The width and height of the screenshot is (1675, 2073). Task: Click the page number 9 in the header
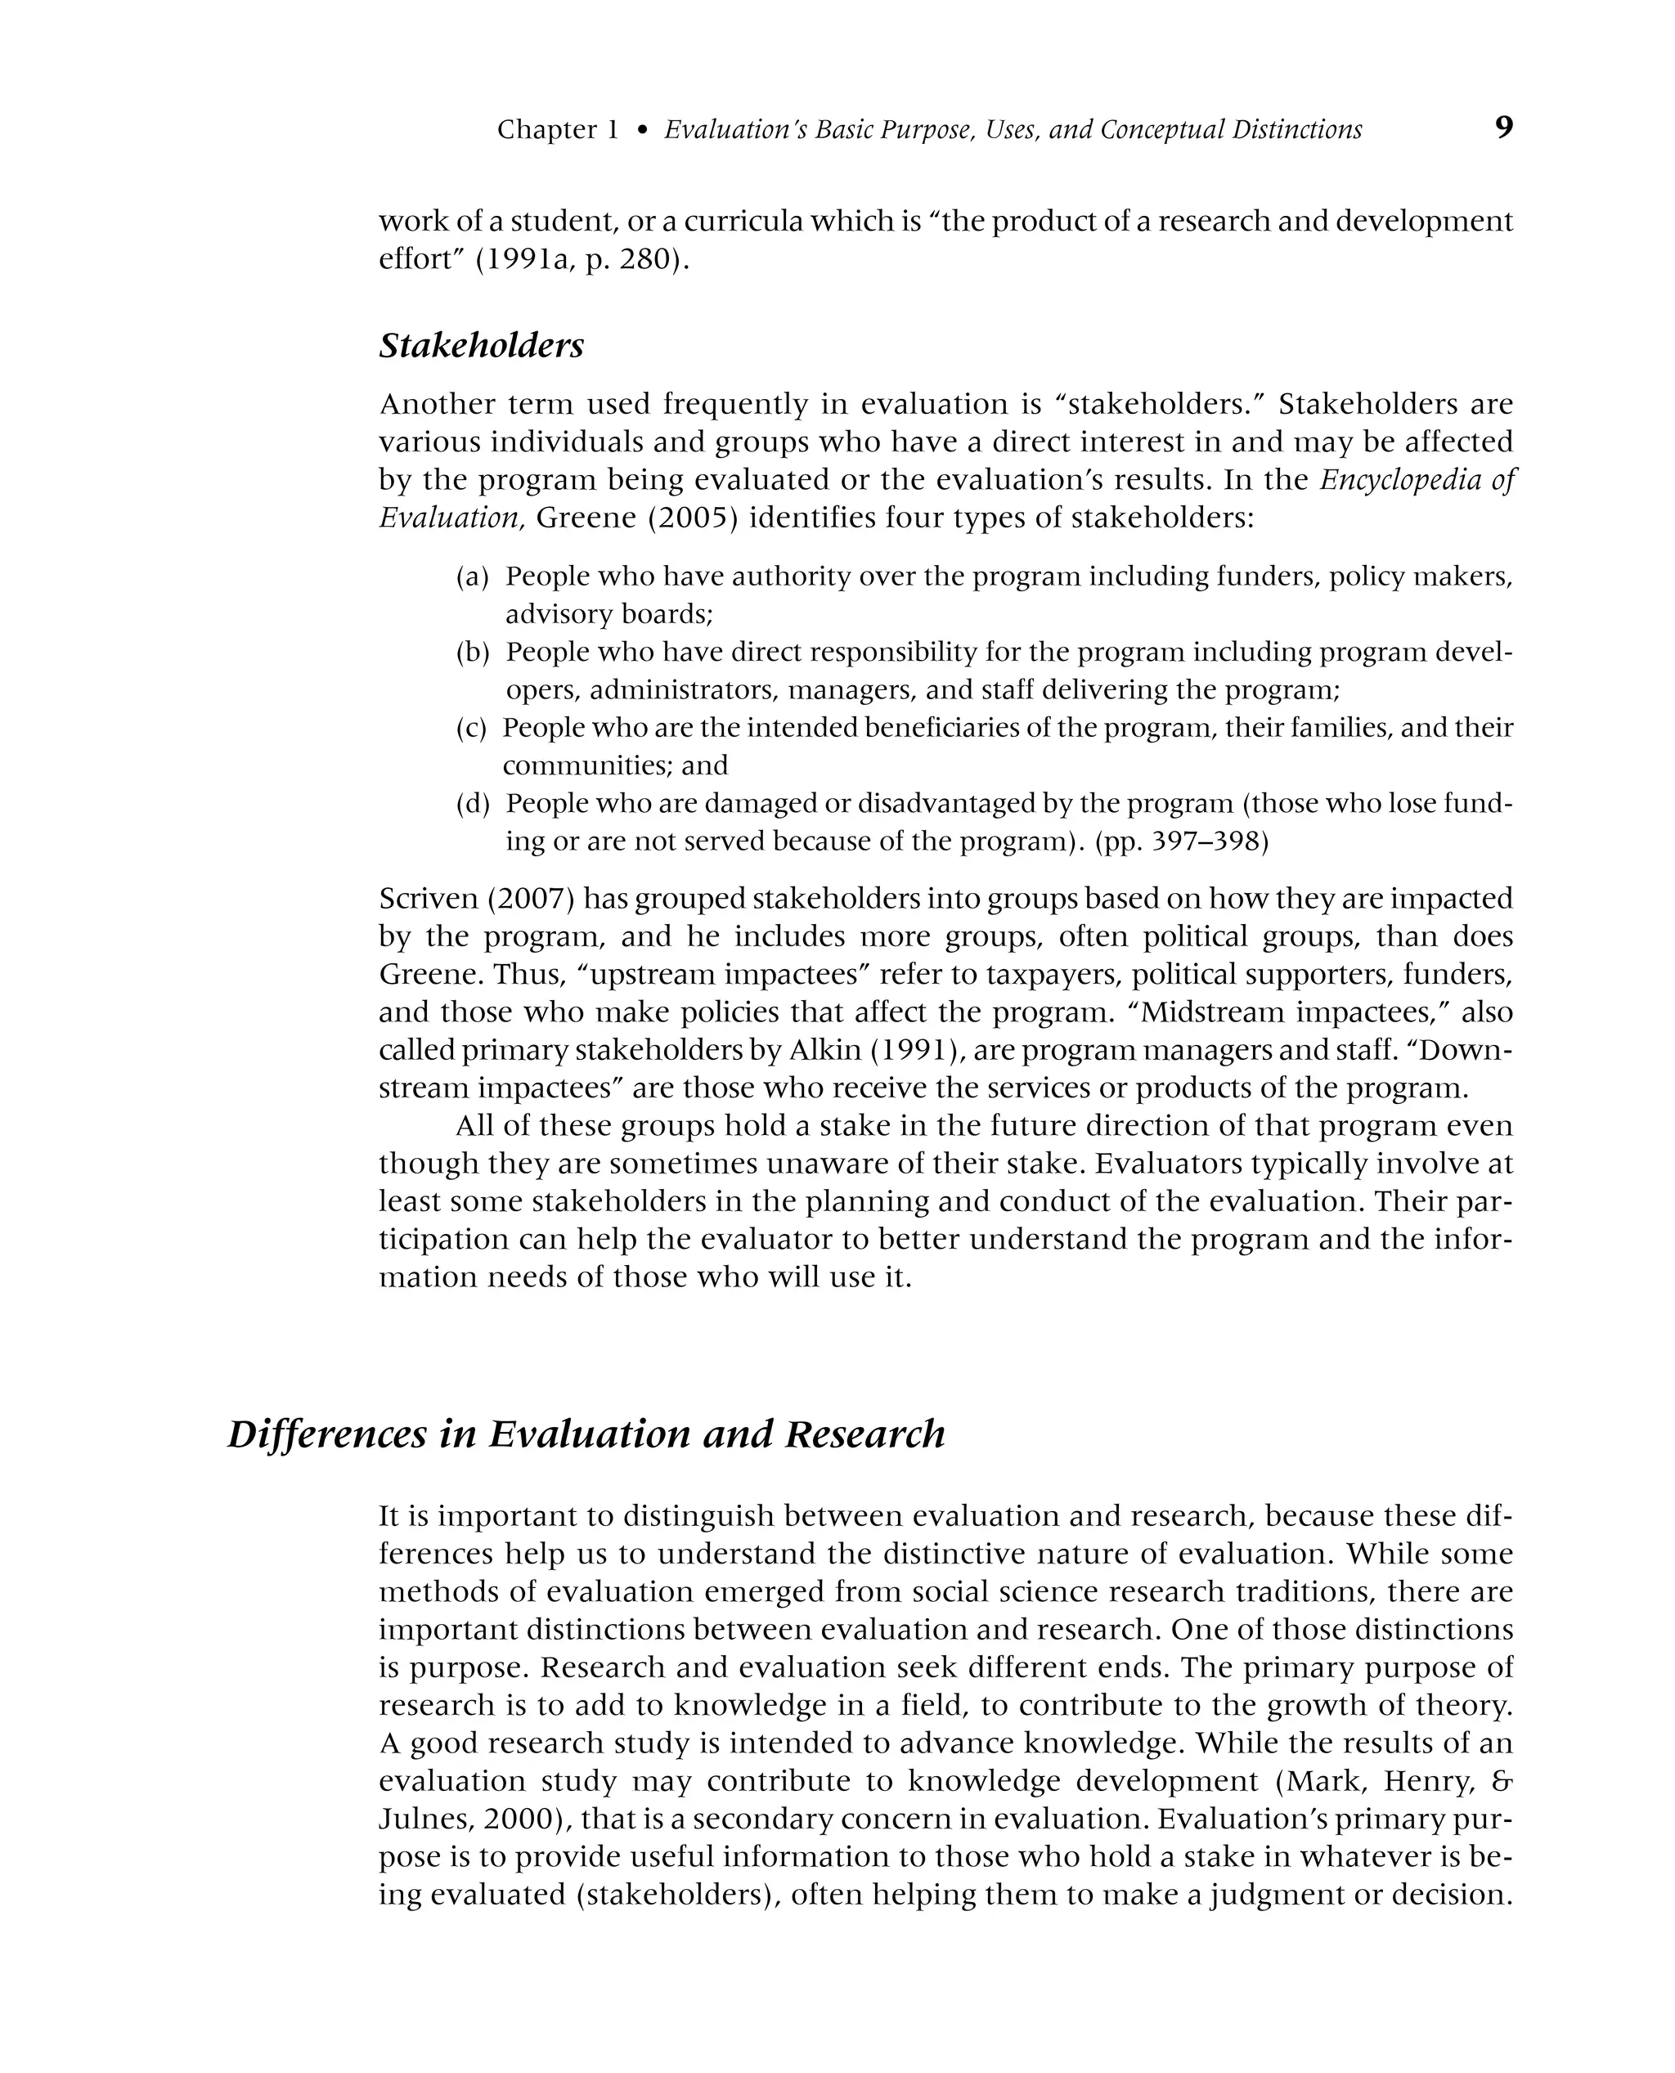1503,128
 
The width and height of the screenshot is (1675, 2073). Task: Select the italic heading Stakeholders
481,345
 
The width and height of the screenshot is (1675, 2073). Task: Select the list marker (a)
472,577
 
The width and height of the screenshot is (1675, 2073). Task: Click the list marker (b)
472,653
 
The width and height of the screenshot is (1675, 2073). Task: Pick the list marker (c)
471,729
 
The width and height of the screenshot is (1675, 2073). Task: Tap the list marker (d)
472,804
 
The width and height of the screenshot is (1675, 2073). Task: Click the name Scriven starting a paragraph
428,898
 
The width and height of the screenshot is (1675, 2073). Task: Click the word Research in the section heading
864,1434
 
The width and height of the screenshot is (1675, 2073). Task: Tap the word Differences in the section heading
326,1434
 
